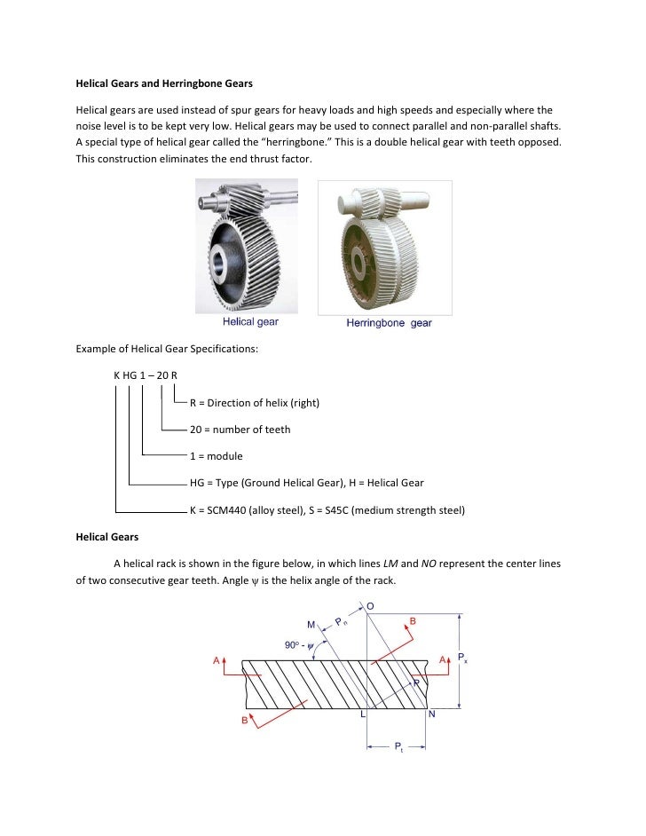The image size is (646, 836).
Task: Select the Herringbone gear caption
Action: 389,323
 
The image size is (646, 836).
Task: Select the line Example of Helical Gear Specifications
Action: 165,349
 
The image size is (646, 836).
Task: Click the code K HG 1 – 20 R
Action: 146,376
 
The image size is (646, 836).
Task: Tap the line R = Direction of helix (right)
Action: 255,403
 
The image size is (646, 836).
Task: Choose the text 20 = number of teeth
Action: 240,430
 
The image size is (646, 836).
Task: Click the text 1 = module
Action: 217,456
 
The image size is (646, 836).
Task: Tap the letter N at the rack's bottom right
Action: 431,714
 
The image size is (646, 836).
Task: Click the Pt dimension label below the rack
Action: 399,747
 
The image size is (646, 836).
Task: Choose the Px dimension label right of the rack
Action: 463,659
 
